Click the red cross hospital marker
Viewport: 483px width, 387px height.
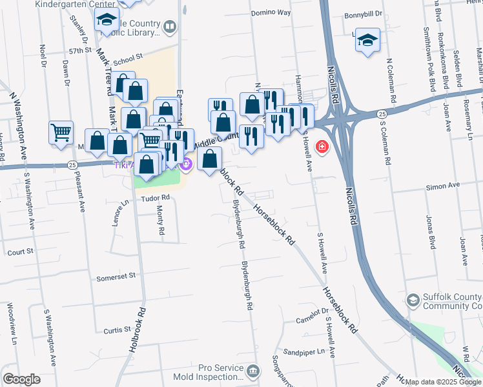click(321, 148)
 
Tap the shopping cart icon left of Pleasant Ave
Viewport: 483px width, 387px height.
click(61, 133)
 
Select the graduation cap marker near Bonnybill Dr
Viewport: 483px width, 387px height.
click(367, 40)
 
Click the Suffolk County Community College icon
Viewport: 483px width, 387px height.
click(413, 300)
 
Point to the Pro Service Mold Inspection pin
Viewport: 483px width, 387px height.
click(252, 370)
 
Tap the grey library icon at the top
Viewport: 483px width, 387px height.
click(170, 27)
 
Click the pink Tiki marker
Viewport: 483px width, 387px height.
click(187, 165)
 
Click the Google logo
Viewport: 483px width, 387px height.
click(21, 379)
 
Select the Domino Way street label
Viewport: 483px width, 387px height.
click(271, 12)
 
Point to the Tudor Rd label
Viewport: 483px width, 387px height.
click(156, 197)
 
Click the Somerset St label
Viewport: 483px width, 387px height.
click(116, 277)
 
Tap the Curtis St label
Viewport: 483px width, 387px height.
click(117, 330)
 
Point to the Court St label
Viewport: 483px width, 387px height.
click(20, 252)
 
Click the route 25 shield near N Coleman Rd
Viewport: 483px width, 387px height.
click(382, 114)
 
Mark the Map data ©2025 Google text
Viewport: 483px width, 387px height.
click(443, 382)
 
